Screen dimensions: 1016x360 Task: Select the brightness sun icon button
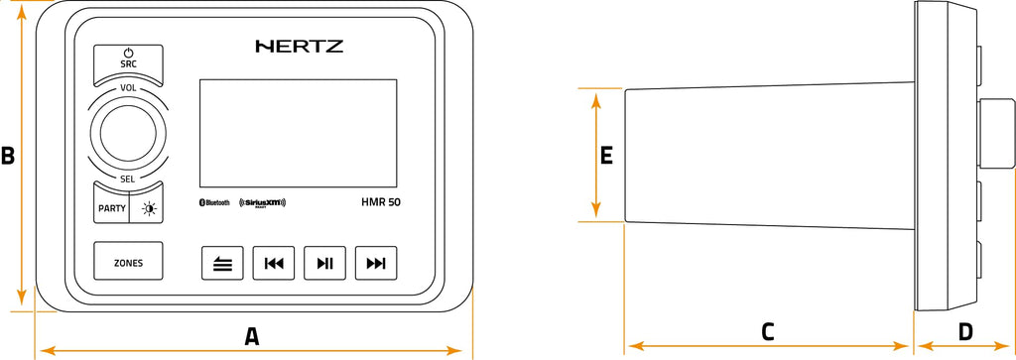(x=148, y=208)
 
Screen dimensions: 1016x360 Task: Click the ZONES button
(x=128, y=263)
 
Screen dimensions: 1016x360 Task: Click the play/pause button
(x=324, y=264)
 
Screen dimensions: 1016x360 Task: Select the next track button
(x=376, y=264)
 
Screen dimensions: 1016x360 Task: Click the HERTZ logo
(x=299, y=46)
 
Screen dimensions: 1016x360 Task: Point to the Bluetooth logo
(x=215, y=202)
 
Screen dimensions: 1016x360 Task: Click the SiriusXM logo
(x=262, y=203)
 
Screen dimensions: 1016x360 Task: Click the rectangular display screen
(x=298, y=131)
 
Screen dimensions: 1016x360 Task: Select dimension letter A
(x=252, y=336)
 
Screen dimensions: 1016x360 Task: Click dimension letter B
(x=8, y=156)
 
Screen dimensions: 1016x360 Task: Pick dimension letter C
(x=767, y=332)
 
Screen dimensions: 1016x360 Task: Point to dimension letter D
(x=964, y=332)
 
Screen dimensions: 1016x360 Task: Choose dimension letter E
(x=607, y=155)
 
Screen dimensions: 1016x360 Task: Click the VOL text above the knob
(x=128, y=88)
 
